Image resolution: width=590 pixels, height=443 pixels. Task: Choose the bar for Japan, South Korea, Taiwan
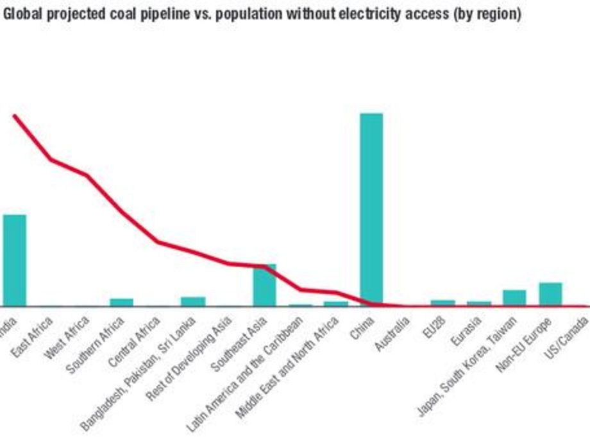coord(514,298)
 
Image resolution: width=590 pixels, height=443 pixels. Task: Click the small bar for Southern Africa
coord(122,302)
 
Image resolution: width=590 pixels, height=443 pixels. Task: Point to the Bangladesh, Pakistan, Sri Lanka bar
coord(193,301)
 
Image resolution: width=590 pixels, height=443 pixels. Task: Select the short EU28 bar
coord(442,302)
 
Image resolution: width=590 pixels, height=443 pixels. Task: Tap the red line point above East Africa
coord(51,159)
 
